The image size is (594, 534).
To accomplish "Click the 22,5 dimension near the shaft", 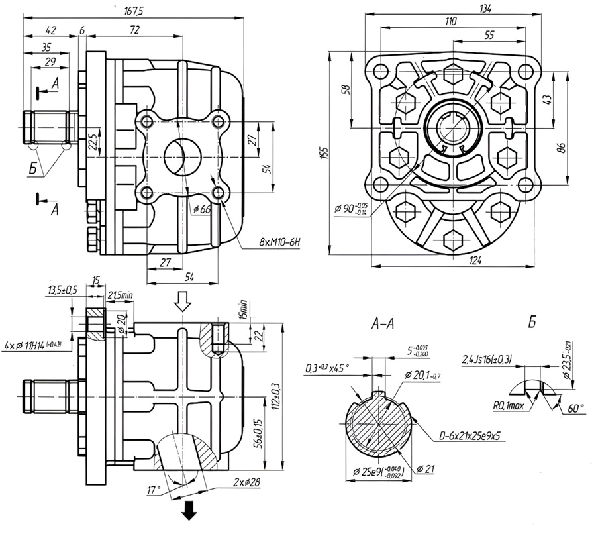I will pyautogui.click(x=91, y=142).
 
